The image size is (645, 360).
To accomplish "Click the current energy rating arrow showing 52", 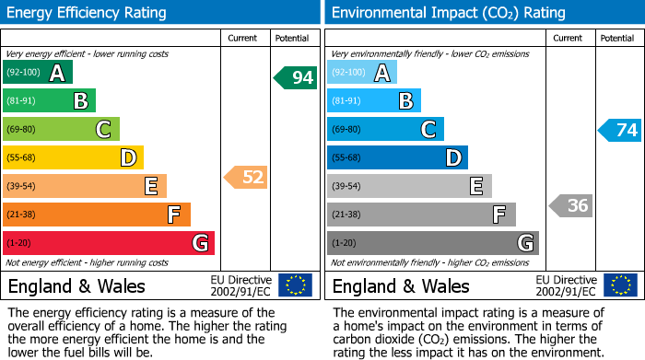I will (x=246, y=177).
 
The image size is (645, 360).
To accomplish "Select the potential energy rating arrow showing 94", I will (x=296, y=77).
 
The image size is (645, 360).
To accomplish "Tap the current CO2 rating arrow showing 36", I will (x=570, y=205).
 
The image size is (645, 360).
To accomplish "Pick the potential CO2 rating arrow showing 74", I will (x=620, y=130).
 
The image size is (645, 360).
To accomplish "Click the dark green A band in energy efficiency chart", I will (x=38, y=73).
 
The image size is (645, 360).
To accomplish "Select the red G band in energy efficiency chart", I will (x=109, y=243).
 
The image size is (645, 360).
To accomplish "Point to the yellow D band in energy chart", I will (x=73, y=158).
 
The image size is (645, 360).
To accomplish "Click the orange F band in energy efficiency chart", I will (x=97, y=215).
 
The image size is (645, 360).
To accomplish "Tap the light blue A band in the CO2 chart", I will (x=362, y=73).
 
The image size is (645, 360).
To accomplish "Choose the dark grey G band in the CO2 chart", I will (x=432, y=243).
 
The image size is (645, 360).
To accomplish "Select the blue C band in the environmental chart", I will (x=385, y=130).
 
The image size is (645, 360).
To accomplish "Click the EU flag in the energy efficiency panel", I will (x=296, y=285).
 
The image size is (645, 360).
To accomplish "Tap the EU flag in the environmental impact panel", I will (x=620, y=285).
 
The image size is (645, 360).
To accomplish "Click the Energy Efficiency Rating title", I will (x=88, y=13).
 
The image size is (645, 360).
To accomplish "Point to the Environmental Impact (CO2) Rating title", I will (x=448, y=13).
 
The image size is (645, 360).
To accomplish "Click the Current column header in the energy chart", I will (x=242, y=38).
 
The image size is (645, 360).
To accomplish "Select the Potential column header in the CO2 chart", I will (x=617, y=38).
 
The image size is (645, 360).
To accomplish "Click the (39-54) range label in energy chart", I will (x=21, y=187).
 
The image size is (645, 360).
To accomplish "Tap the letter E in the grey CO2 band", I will (x=476, y=187).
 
